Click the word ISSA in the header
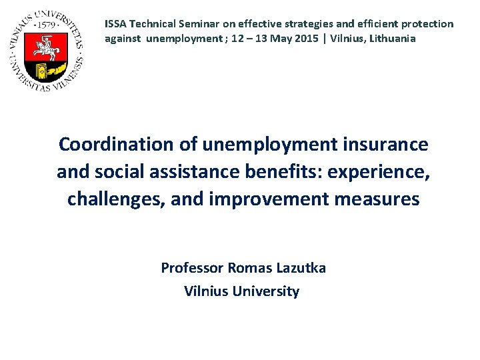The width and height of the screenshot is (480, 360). [115, 24]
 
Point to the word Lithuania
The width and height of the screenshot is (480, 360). [391, 39]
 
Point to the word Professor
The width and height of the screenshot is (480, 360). [191, 268]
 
